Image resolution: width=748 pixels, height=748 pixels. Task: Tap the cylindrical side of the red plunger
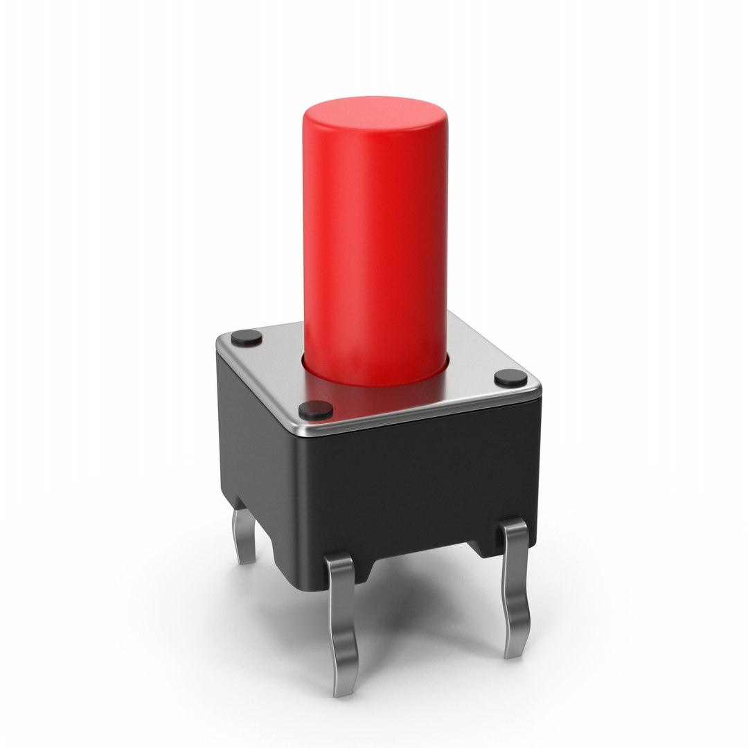374,242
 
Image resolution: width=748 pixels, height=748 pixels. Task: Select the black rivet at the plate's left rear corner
247,338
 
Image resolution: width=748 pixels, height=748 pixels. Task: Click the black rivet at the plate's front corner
315,410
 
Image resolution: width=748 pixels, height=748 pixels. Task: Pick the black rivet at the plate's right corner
510,377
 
